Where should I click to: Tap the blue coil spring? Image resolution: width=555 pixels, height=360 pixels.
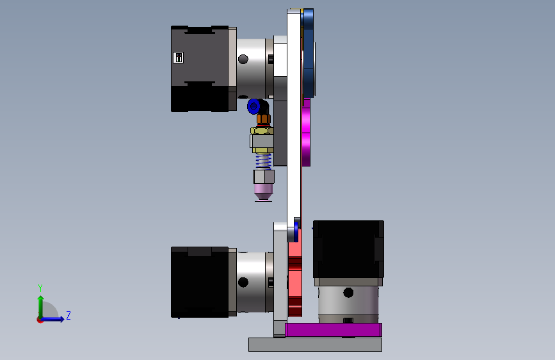[x=263, y=161]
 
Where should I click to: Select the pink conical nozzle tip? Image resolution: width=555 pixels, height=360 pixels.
[x=263, y=192]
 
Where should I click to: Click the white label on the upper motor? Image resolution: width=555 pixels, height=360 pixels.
[x=178, y=58]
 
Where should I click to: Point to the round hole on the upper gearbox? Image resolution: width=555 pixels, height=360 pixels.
[x=243, y=59]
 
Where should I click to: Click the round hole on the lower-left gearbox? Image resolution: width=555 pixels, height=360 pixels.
[x=243, y=282]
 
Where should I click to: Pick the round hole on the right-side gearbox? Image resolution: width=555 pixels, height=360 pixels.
[x=348, y=293]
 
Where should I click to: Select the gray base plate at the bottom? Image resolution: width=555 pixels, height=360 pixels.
[x=315, y=345]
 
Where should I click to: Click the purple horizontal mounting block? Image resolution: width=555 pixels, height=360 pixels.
[x=334, y=330]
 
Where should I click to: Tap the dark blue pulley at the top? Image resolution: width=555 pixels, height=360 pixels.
[x=309, y=53]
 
